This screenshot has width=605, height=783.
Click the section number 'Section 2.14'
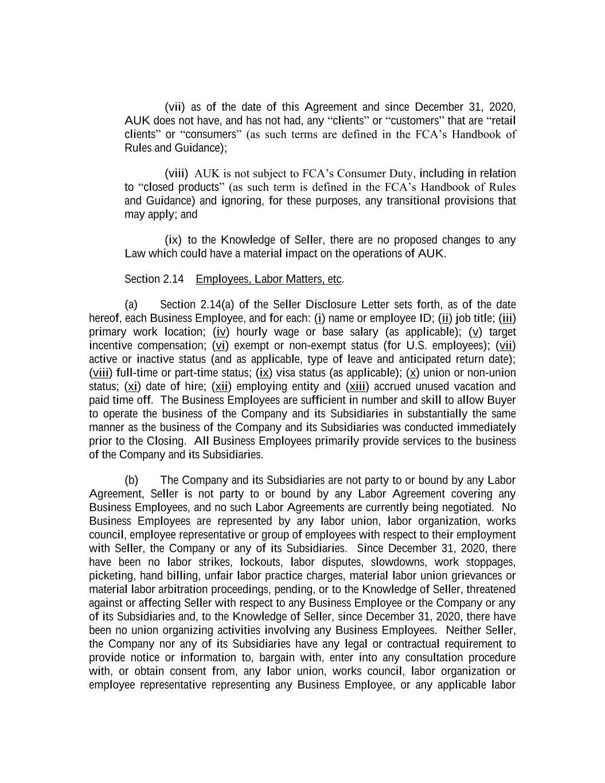tap(154, 279)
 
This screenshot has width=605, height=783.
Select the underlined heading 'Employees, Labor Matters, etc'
tap(269, 279)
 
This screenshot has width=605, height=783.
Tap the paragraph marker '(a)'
tap(131, 305)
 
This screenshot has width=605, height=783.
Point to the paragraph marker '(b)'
tap(131, 480)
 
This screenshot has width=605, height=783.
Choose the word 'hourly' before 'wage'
tap(252, 332)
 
